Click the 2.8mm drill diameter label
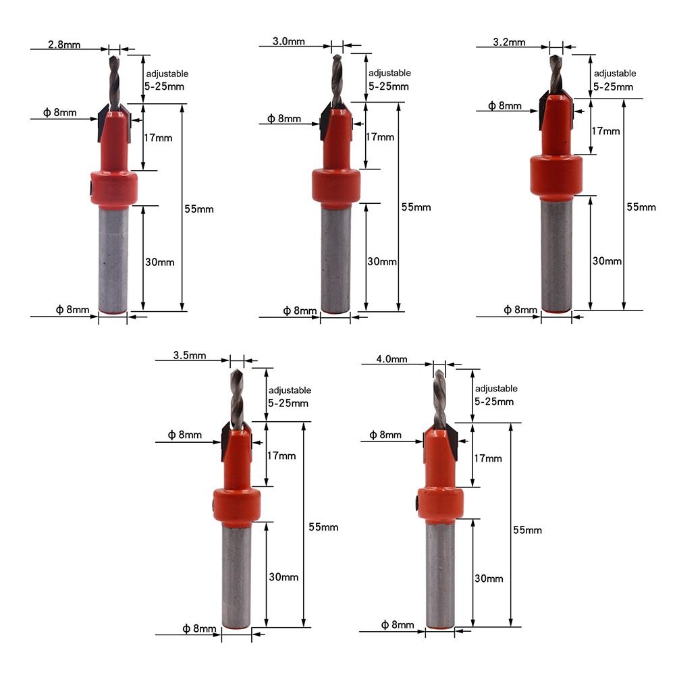64,45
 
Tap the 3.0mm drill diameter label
288,41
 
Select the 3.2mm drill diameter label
509,42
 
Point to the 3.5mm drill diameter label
190,355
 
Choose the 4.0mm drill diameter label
391,359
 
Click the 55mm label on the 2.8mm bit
199,209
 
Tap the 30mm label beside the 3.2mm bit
607,261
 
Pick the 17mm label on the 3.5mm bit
281,456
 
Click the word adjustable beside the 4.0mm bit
496,388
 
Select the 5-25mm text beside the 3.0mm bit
388,86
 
